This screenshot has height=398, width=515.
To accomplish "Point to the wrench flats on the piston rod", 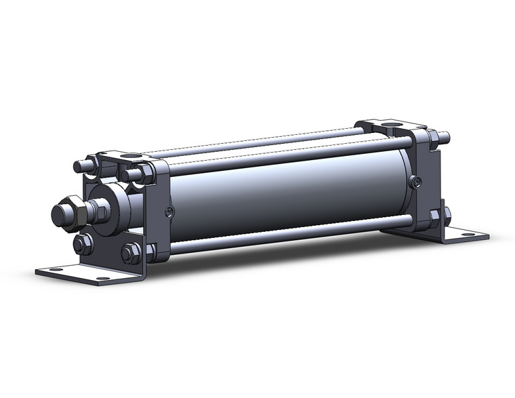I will pyautogui.click(x=96, y=210).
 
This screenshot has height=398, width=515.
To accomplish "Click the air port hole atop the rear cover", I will pyautogui.click(x=393, y=126).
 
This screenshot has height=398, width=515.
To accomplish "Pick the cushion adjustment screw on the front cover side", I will pyautogui.click(x=169, y=212).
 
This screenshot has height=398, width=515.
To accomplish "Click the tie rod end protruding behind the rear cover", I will pyautogui.click(x=443, y=137).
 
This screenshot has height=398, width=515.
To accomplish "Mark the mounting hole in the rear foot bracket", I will pyautogui.click(x=468, y=236).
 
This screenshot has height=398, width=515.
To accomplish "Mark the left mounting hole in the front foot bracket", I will pyautogui.click(x=52, y=270).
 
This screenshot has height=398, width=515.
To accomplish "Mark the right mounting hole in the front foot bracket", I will pyautogui.click(x=102, y=278).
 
